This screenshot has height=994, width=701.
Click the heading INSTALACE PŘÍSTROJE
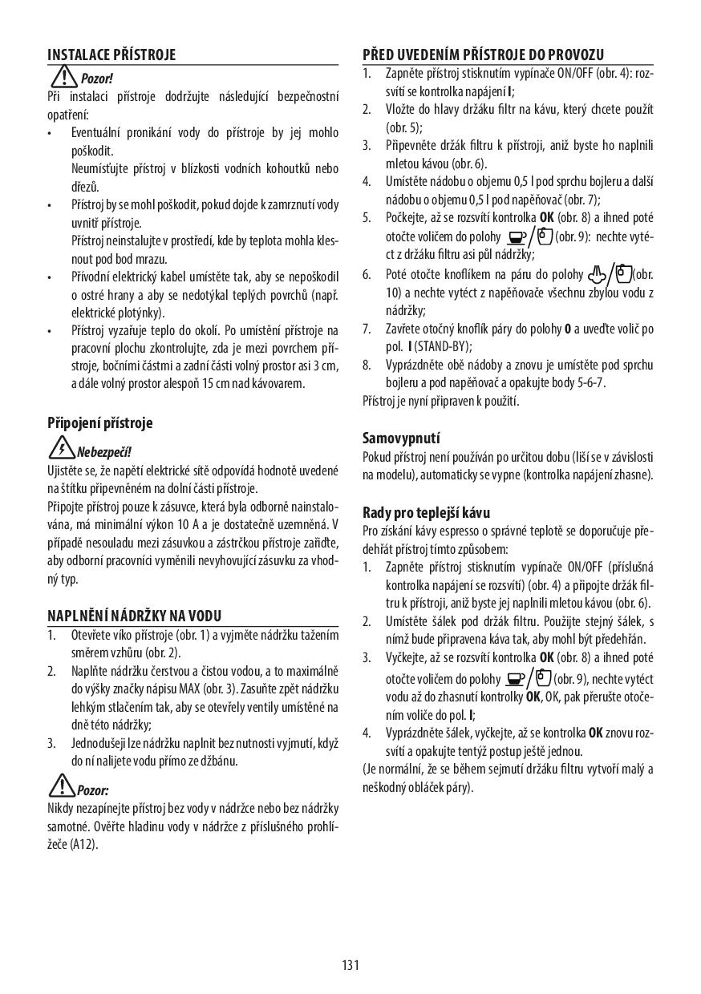(x=111, y=55)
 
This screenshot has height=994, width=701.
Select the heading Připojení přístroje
(x=99, y=422)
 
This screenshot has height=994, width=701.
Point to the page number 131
(x=350, y=964)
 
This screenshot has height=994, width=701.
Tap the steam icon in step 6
(x=594, y=275)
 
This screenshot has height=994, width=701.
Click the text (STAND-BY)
(x=444, y=347)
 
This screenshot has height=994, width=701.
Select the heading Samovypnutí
(x=401, y=438)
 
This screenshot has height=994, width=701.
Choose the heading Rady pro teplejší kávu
(x=426, y=512)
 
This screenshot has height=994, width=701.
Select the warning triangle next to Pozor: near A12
(x=61, y=787)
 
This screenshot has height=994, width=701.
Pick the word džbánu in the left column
(x=218, y=761)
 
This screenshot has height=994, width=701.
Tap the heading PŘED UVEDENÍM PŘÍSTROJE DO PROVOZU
(x=483, y=55)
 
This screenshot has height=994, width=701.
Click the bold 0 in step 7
(x=567, y=329)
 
